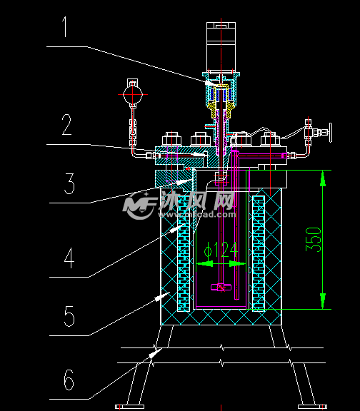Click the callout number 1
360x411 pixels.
pyautogui.click(x=65, y=26)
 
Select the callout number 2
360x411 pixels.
pyautogui.click(x=66, y=124)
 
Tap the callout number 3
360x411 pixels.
pyautogui.click(x=69, y=183)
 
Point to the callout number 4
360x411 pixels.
pyautogui.click(x=69, y=258)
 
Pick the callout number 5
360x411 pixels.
pyautogui.click(x=69, y=316)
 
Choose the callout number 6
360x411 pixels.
pyautogui.click(x=69, y=380)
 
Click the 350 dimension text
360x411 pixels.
pyautogui.click(x=314, y=240)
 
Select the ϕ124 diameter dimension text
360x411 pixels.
pyautogui.click(x=221, y=250)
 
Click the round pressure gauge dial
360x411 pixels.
pyautogui.click(x=133, y=95)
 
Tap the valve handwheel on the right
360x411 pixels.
pyautogui.click(x=330, y=133)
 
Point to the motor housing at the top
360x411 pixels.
pyautogui.click(x=221, y=46)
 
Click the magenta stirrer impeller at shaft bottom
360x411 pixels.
pyautogui.click(x=221, y=288)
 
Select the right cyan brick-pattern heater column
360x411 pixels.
pyautogui.click(x=259, y=253)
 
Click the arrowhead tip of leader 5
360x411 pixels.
pyautogui.click(x=170, y=292)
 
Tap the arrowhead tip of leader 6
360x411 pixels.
pyautogui.click(x=163, y=348)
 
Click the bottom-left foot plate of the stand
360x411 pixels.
pyautogui.click(x=129, y=407)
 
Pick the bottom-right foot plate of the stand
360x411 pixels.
pyautogui.click(x=313, y=407)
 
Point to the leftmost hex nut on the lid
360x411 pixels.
pyautogui.click(x=172, y=139)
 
